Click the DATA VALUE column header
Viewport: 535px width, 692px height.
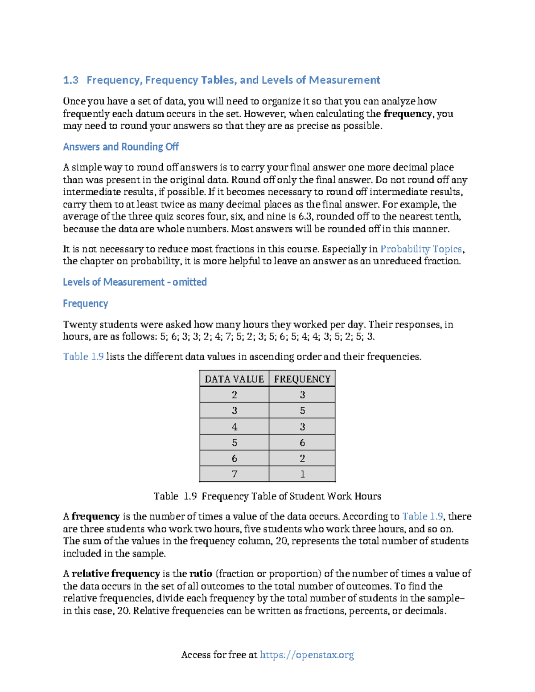click(234, 379)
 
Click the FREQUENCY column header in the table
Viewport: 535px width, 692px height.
click(302, 379)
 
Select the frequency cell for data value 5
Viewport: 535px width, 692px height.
click(302, 442)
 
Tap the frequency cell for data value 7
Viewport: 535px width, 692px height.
click(302, 474)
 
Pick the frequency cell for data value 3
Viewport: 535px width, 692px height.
click(302, 410)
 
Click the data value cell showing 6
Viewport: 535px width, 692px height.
click(234, 458)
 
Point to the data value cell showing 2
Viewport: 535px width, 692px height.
click(234, 395)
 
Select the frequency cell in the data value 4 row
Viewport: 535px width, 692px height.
click(302, 426)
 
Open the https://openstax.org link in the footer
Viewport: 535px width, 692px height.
click(307, 655)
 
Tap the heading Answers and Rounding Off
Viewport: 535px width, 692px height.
click(120, 147)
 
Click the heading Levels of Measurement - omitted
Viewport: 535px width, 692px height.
click(135, 282)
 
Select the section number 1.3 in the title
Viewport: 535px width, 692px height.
click(70, 80)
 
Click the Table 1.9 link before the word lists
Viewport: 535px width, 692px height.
click(83, 356)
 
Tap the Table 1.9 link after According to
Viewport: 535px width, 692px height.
click(422, 516)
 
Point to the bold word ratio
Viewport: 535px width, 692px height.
click(201, 573)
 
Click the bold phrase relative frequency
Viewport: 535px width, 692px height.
click(115, 573)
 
